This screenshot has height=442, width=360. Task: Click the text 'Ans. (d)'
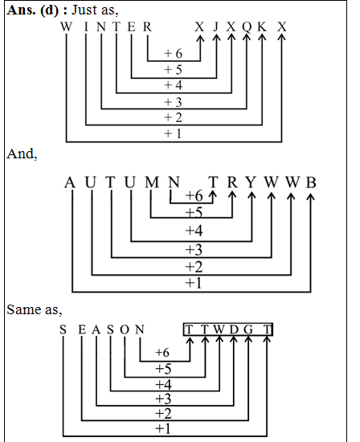(31, 9)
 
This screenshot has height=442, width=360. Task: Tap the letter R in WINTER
(147, 27)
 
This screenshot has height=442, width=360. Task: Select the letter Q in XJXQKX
(246, 27)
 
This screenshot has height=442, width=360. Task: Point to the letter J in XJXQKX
(216, 27)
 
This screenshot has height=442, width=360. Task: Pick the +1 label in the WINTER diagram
(173, 133)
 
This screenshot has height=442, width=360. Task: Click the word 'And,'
(22, 153)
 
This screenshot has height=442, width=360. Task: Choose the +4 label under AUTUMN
(193, 231)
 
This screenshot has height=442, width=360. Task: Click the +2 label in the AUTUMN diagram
(193, 267)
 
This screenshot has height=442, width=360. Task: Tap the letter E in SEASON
(81, 329)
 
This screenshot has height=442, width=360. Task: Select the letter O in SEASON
(125, 329)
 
